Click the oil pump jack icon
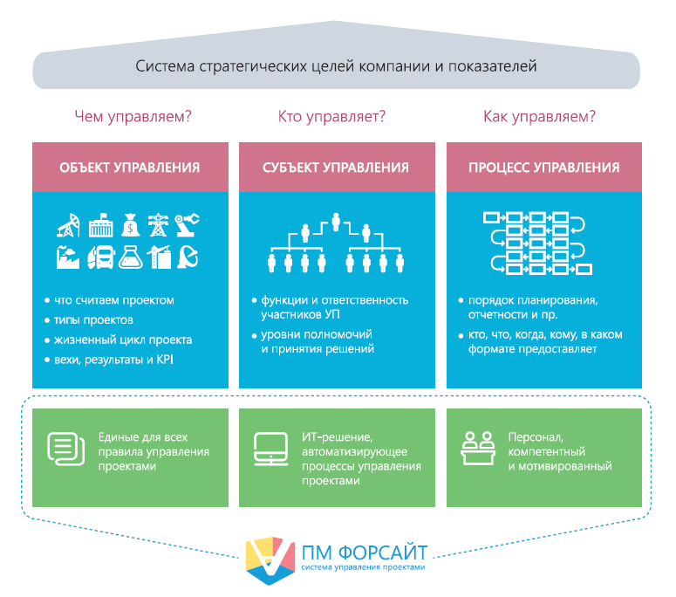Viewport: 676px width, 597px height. pos(68,225)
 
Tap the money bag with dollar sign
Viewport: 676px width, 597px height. pos(130,224)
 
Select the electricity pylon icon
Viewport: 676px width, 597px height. pos(159,224)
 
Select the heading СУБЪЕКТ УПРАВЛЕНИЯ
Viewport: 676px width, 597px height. pos(336,168)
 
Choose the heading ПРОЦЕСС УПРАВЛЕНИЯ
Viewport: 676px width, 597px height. pos(543,168)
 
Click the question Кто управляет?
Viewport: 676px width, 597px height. pos(331,115)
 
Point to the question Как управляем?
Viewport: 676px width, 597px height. pos(539,115)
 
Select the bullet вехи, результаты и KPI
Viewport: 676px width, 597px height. pos(114,359)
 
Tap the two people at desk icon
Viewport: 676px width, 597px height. pos(475,447)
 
